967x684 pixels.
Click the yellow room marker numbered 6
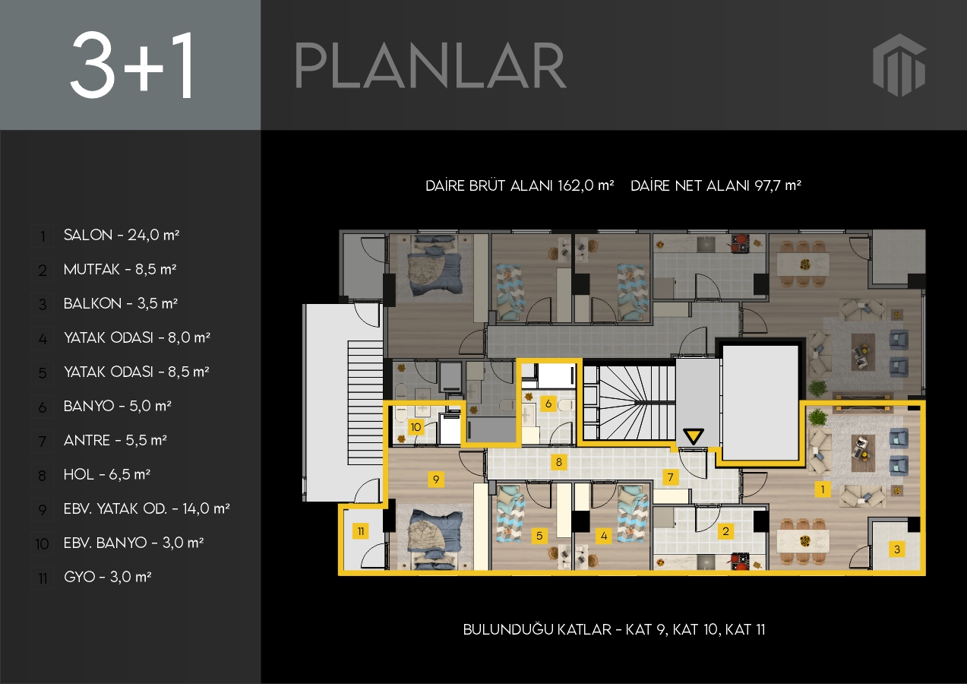(548, 404)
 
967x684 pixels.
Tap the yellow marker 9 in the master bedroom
(436, 480)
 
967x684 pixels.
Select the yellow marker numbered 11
(361, 531)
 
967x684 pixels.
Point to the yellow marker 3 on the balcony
(897, 549)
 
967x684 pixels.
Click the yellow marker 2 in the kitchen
(725, 531)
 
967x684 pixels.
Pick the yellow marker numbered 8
(558, 462)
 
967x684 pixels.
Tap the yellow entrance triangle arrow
(694, 436)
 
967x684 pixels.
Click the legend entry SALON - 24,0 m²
(122, 235)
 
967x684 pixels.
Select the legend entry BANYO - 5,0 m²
(118, 406)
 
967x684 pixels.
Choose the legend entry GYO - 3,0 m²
(108, 577)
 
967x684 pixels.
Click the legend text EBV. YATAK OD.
(115, 508)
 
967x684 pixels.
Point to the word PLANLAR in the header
(431, 65)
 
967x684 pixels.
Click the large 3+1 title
(131, 65)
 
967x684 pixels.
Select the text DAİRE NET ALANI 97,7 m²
(716, 185)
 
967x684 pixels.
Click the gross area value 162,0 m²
(586, 185)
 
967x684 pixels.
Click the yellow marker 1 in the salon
(823, 489)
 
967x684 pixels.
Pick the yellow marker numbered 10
(416, 427)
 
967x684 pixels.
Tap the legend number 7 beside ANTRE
(43, 442)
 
